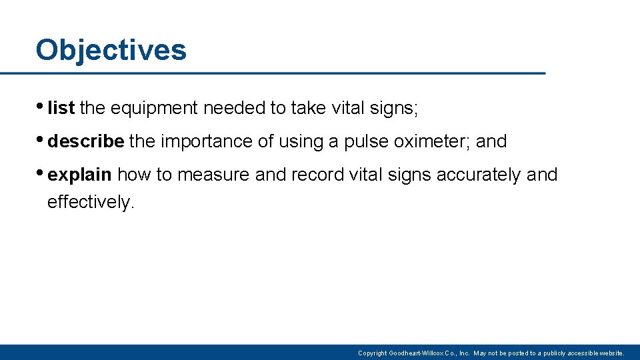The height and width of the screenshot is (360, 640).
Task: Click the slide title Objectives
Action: (111, 50)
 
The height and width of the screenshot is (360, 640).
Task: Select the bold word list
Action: (61, 109)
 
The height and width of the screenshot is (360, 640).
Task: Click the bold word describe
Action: (86, 141)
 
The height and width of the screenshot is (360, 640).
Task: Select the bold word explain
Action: (79, 175)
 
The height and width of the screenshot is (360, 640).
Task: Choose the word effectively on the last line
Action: (90, 201)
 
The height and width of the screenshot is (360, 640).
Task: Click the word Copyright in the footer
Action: (372, 353)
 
